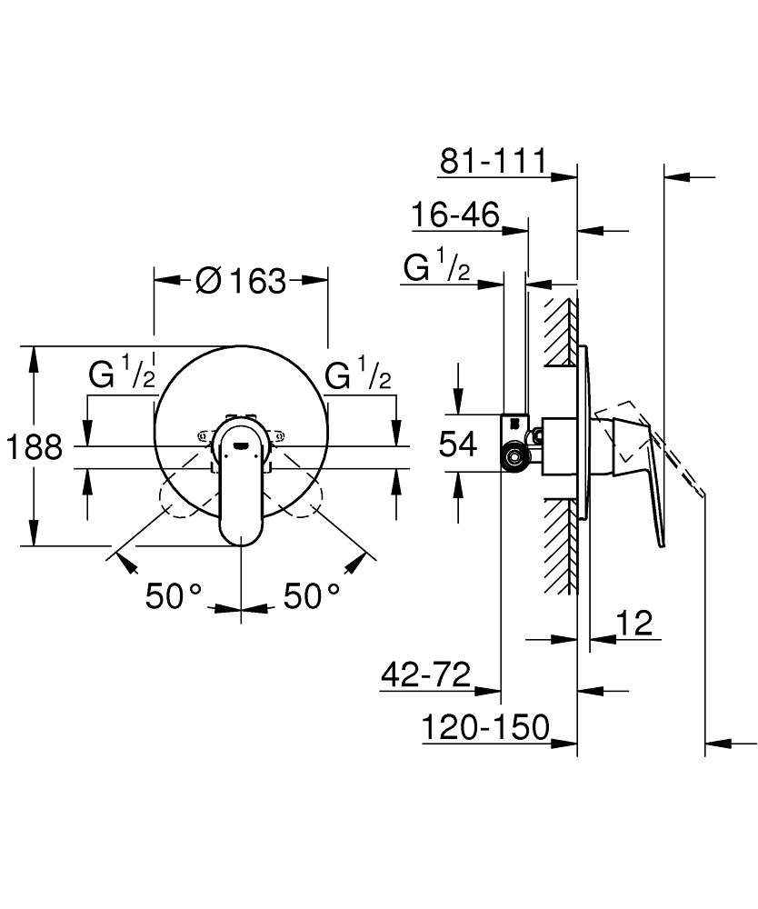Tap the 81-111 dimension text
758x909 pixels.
493,161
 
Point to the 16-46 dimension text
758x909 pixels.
454,215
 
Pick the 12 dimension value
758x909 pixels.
633,624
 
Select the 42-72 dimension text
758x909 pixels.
425,675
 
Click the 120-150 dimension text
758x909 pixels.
485,727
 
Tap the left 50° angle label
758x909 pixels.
174,596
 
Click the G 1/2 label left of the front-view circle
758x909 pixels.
121,375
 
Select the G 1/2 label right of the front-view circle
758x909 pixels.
358,375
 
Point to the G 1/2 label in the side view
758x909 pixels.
436,268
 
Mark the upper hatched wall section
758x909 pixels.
561,332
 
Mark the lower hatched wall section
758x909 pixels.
561,545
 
